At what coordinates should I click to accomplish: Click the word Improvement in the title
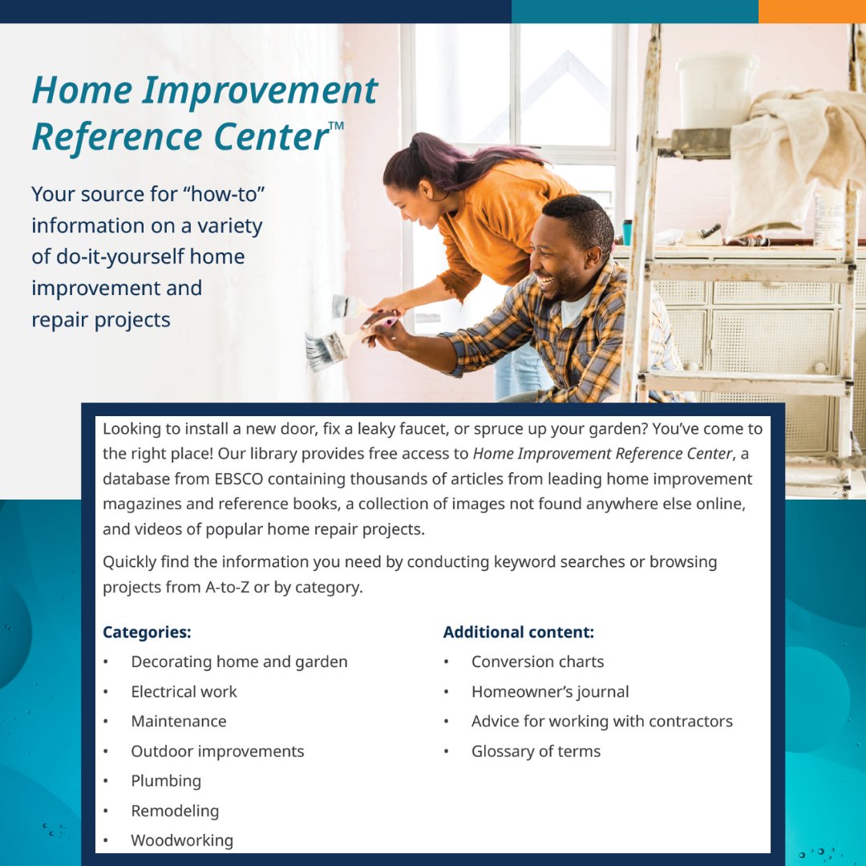pyautogui.click(x=259, y=90)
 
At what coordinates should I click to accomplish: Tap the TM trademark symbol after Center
pyautogui.click(x=337, y=126)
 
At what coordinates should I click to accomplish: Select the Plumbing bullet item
pyautogui.click(x=166, y=781)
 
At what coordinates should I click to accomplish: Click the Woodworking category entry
pyautogui.click(x=182, y=840)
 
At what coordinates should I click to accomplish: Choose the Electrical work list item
pyautogui.click(x=184, y=691)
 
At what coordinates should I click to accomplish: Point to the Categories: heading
pyautogui.click(x=147, y=633)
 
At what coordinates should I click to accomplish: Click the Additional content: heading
pyautogui.click(x=518, y=633)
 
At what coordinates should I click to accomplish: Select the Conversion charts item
pyautogui.click(x=537, y=662)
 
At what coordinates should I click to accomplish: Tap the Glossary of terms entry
pyautogui.click(x=536, y=751)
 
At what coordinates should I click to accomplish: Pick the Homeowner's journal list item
pyautogui.click(x=550, y=691)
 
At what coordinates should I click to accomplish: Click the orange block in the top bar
pyautogui.click(x=811, y=11)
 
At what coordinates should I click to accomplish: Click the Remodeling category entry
pyautogui.click(x=175, y=811)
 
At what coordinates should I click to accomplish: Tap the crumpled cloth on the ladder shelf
pyautogui.click(x=794, y=152)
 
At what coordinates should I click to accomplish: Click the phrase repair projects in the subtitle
pyautogui.click(x=101, y=319)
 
